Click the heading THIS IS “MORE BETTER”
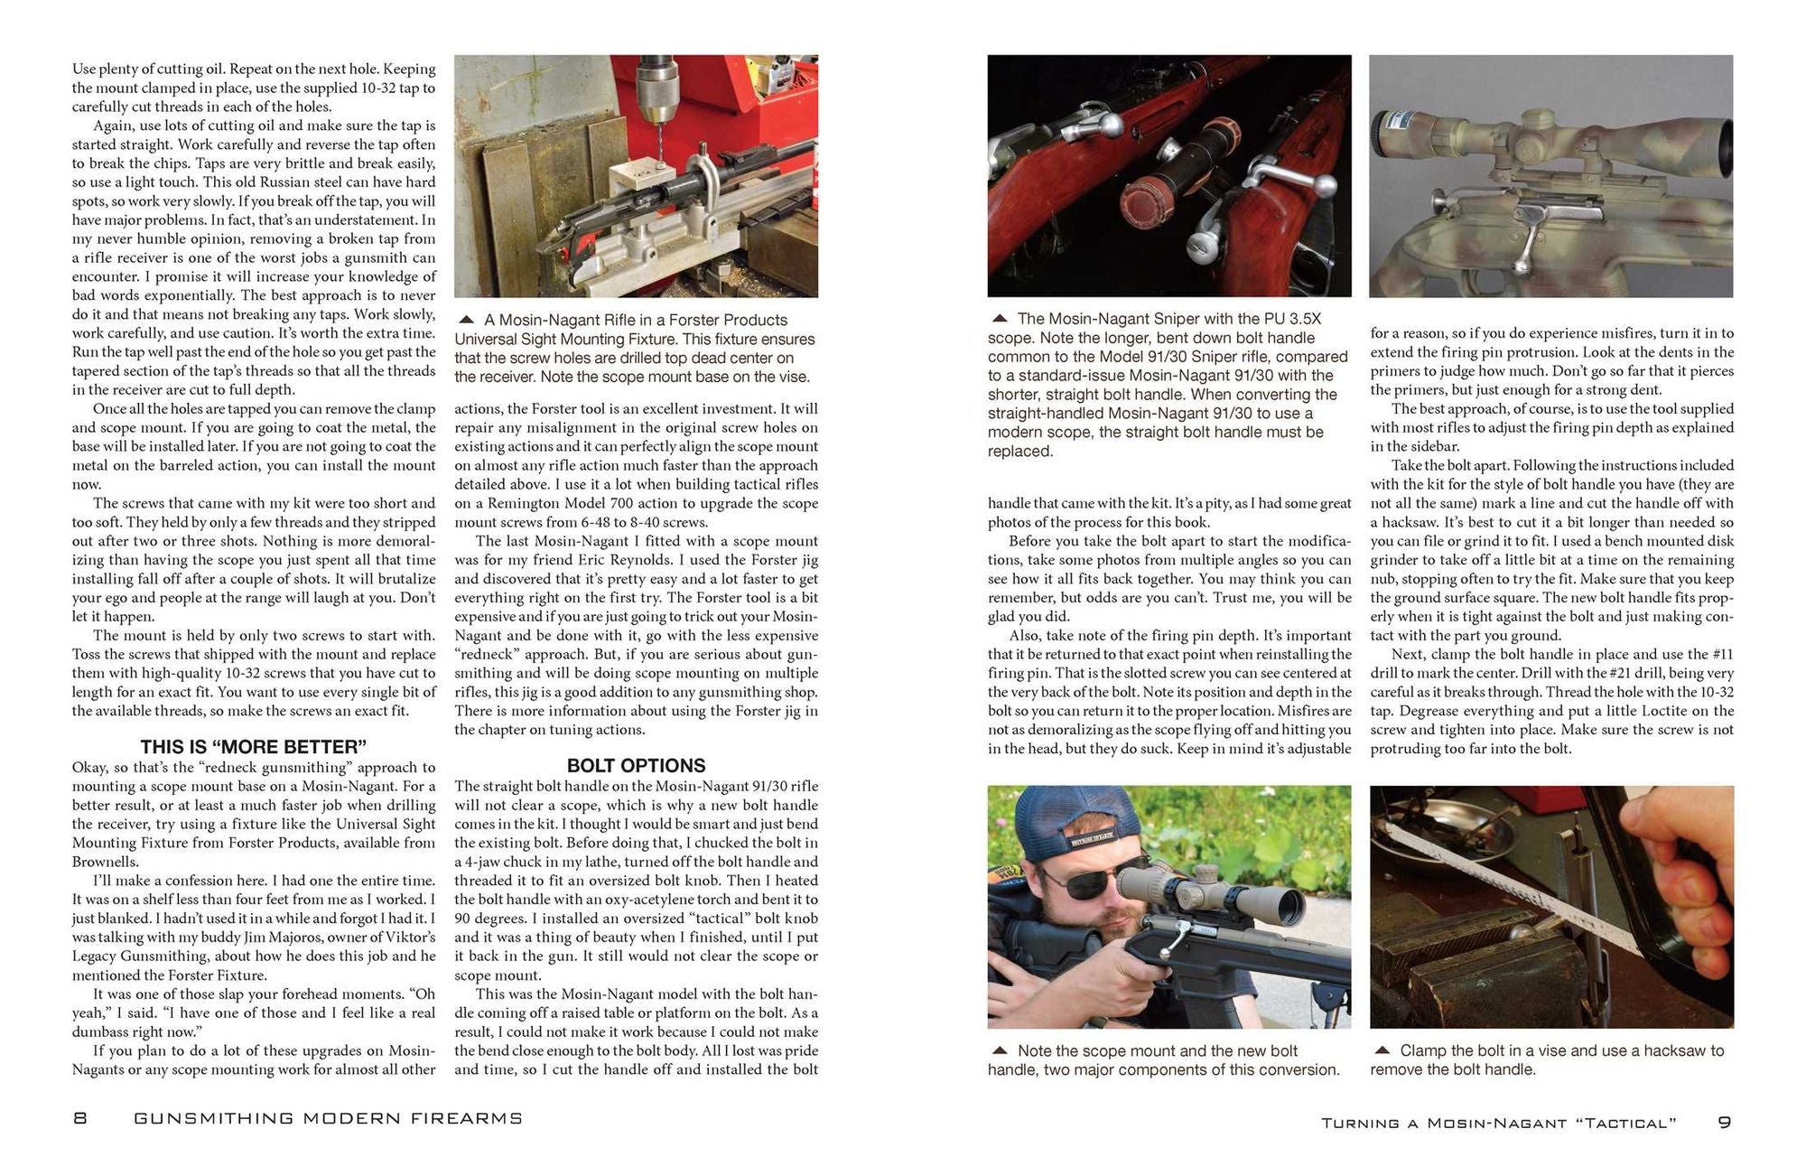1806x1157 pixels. point(253,747)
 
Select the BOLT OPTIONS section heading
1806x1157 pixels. point(636,766)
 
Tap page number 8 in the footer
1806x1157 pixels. point(79,1118)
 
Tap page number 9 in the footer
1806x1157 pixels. point(1724,1122)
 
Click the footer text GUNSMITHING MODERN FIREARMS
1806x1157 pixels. point(328,1118)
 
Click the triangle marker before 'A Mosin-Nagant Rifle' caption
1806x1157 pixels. point(466,320)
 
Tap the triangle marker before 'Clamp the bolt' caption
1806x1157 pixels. point(1382,1050)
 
